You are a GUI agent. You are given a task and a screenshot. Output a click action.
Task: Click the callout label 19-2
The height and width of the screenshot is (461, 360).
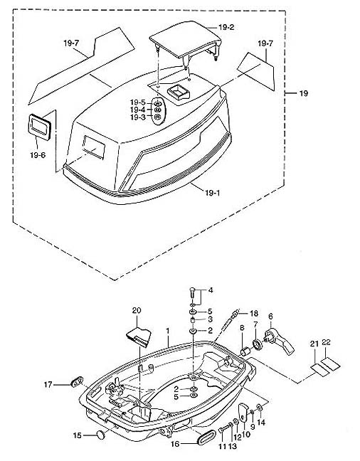point(226,27)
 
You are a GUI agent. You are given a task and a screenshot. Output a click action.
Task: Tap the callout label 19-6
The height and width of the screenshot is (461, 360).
point(38,155)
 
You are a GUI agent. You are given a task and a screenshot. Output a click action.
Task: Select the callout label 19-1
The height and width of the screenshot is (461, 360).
point(212,193)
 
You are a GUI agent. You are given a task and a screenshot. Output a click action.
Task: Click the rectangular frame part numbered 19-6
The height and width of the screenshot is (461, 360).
point(39,127)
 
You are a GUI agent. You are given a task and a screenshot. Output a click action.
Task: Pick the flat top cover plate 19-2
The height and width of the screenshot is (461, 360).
point(185,39)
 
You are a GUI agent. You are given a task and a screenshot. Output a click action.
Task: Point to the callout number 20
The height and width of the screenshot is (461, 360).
point(137,310)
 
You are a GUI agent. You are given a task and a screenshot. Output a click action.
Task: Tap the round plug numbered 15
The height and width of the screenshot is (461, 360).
point(101,435)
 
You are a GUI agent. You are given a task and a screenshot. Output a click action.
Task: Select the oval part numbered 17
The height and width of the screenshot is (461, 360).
point(77,381)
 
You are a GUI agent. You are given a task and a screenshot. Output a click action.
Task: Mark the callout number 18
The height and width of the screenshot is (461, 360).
point(254,313)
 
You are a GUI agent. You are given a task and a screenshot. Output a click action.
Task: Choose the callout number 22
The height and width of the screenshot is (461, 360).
point(326,342)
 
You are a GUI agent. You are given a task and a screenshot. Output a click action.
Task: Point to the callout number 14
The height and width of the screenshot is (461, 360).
point(261,423)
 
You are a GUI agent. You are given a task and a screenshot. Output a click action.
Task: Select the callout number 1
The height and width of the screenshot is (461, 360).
point(168,331)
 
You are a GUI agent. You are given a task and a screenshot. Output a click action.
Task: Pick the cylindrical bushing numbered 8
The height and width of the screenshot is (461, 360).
point(245,351)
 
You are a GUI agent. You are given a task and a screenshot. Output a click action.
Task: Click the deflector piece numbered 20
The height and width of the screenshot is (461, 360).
point(139,336)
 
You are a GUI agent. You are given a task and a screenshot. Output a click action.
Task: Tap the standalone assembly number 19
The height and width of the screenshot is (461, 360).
point(304,93)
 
